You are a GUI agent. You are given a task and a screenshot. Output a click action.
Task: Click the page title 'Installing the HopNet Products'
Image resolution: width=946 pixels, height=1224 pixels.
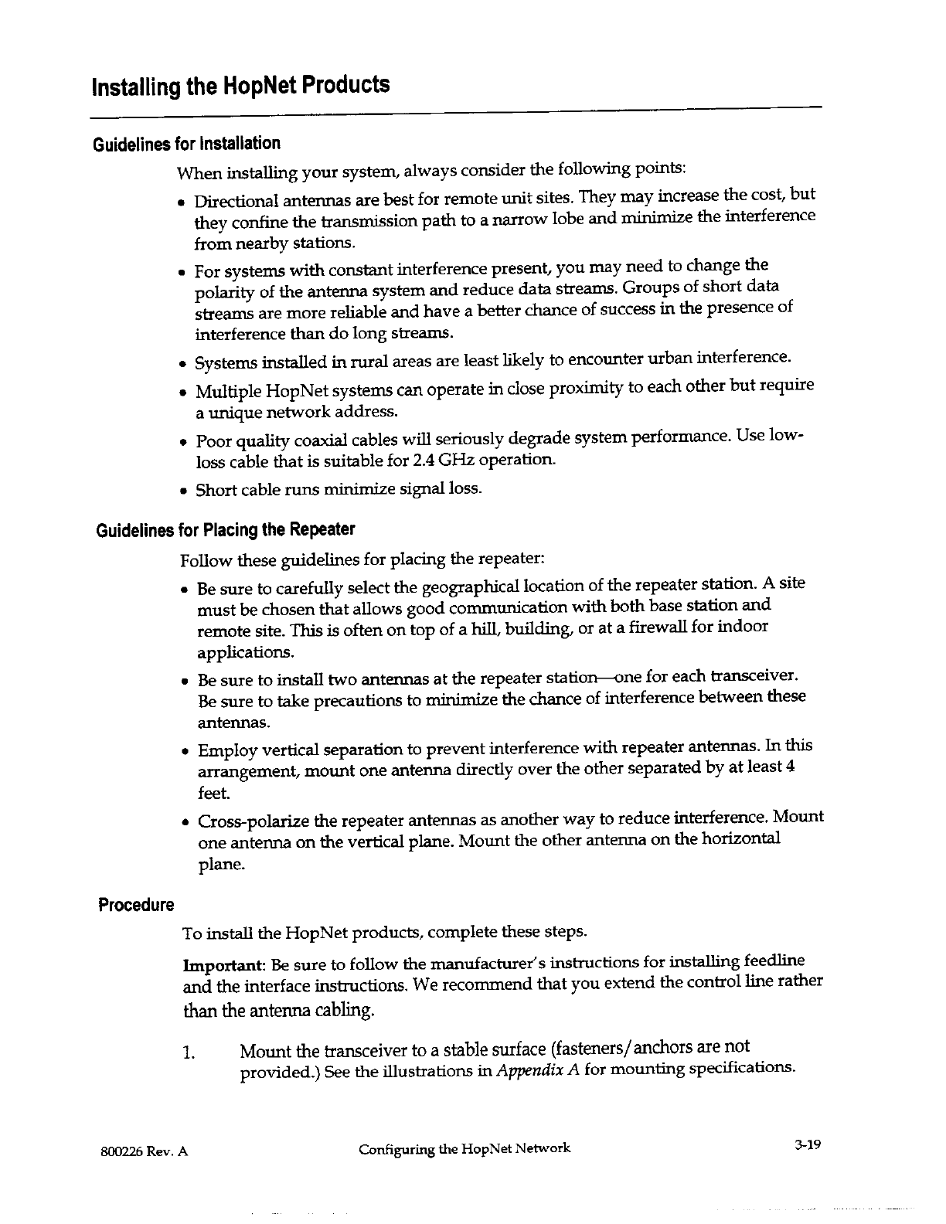coord(240,84)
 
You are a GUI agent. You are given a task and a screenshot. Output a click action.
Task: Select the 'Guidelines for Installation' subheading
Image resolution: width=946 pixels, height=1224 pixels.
coord(186,144)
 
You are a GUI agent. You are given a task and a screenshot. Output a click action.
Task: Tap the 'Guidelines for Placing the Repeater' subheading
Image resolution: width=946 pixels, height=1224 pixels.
coord(225,530)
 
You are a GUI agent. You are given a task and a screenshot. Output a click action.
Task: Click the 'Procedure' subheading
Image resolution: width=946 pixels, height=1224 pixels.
coord(135,905)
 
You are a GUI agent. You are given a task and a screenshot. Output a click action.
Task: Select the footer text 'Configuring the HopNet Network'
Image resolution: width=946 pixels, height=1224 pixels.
coord(464,1148)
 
